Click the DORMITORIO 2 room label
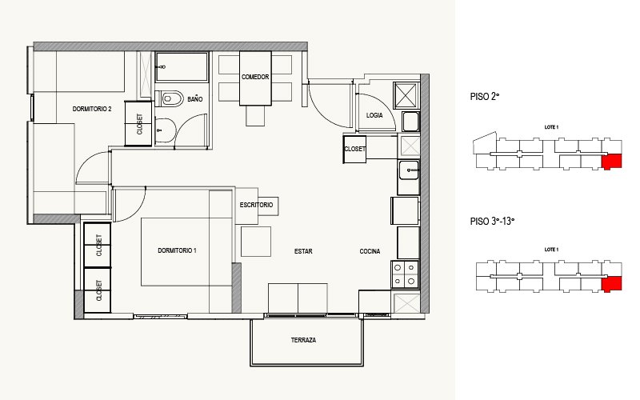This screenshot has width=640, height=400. pyautogui.click(x=92, y=109)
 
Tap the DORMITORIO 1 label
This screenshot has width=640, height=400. pyautogui.click(x=177, y=250)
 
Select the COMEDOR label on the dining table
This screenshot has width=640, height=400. pyautogui.click(x=255, y=77)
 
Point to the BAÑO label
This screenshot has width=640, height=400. pyautogui.click(x=195, y=99)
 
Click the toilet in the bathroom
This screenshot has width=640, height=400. pyautogui.click(x=170, y=98)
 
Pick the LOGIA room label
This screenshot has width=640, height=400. pyautogui.click(x=374, y=115)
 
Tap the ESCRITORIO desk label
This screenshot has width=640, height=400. pyautogui.click(x=256, y=205)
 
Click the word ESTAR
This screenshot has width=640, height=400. pyautogui.click(x=303, y=251)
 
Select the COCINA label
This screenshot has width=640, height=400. pyautogui.click(x=370, y=251)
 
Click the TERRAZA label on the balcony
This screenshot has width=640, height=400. pyautogui.click(x=303, y=340)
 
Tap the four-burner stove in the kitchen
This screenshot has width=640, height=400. pyautogui.click(x=405, y=274)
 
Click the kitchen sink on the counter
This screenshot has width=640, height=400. pyautogui.click(x=409, y=170)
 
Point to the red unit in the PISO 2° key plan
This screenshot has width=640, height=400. pyautogui.click(x=611, y=162)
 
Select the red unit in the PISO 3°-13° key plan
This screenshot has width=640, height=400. pyautogui.click(x=611, y=284)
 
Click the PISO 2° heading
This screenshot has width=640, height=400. pyautogui.click(x=485, y=97)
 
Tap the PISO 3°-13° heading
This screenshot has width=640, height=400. pyautogui.click(x=492, y=222)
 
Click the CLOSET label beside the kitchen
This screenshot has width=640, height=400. pyautogui.click(x=354, y=149)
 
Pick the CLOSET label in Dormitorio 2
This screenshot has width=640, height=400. pyautogui.click(x=139, y=124)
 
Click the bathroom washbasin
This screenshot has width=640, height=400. pyautogui.click(x=166, y=130)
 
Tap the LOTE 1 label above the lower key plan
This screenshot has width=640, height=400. pyautogui.click(x=551, y=250)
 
